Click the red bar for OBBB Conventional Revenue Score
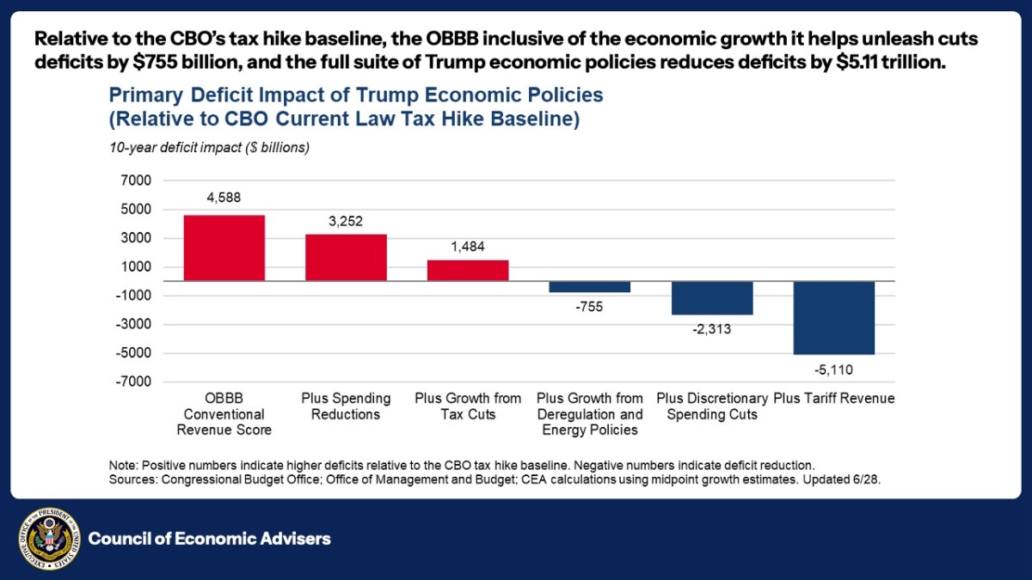(224, 247)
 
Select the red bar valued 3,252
(346, 257)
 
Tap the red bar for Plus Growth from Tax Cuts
(468, 270)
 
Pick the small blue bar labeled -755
(590, 287)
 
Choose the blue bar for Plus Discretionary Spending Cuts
(712, 298)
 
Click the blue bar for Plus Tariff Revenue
(834, 318)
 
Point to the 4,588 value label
(224, 198)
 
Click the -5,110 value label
(834, 370)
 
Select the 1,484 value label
(468, 247)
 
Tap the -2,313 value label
(712, 329)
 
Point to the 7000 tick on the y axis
(136, 180)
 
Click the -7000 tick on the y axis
(133, 382)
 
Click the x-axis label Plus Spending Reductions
(346, 406)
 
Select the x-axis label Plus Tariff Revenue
(834, 399)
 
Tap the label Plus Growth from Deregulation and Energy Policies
(590, 414)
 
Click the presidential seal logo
(49, 539)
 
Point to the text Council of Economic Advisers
(210, 539)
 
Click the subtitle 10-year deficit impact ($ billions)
(209, 147)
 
